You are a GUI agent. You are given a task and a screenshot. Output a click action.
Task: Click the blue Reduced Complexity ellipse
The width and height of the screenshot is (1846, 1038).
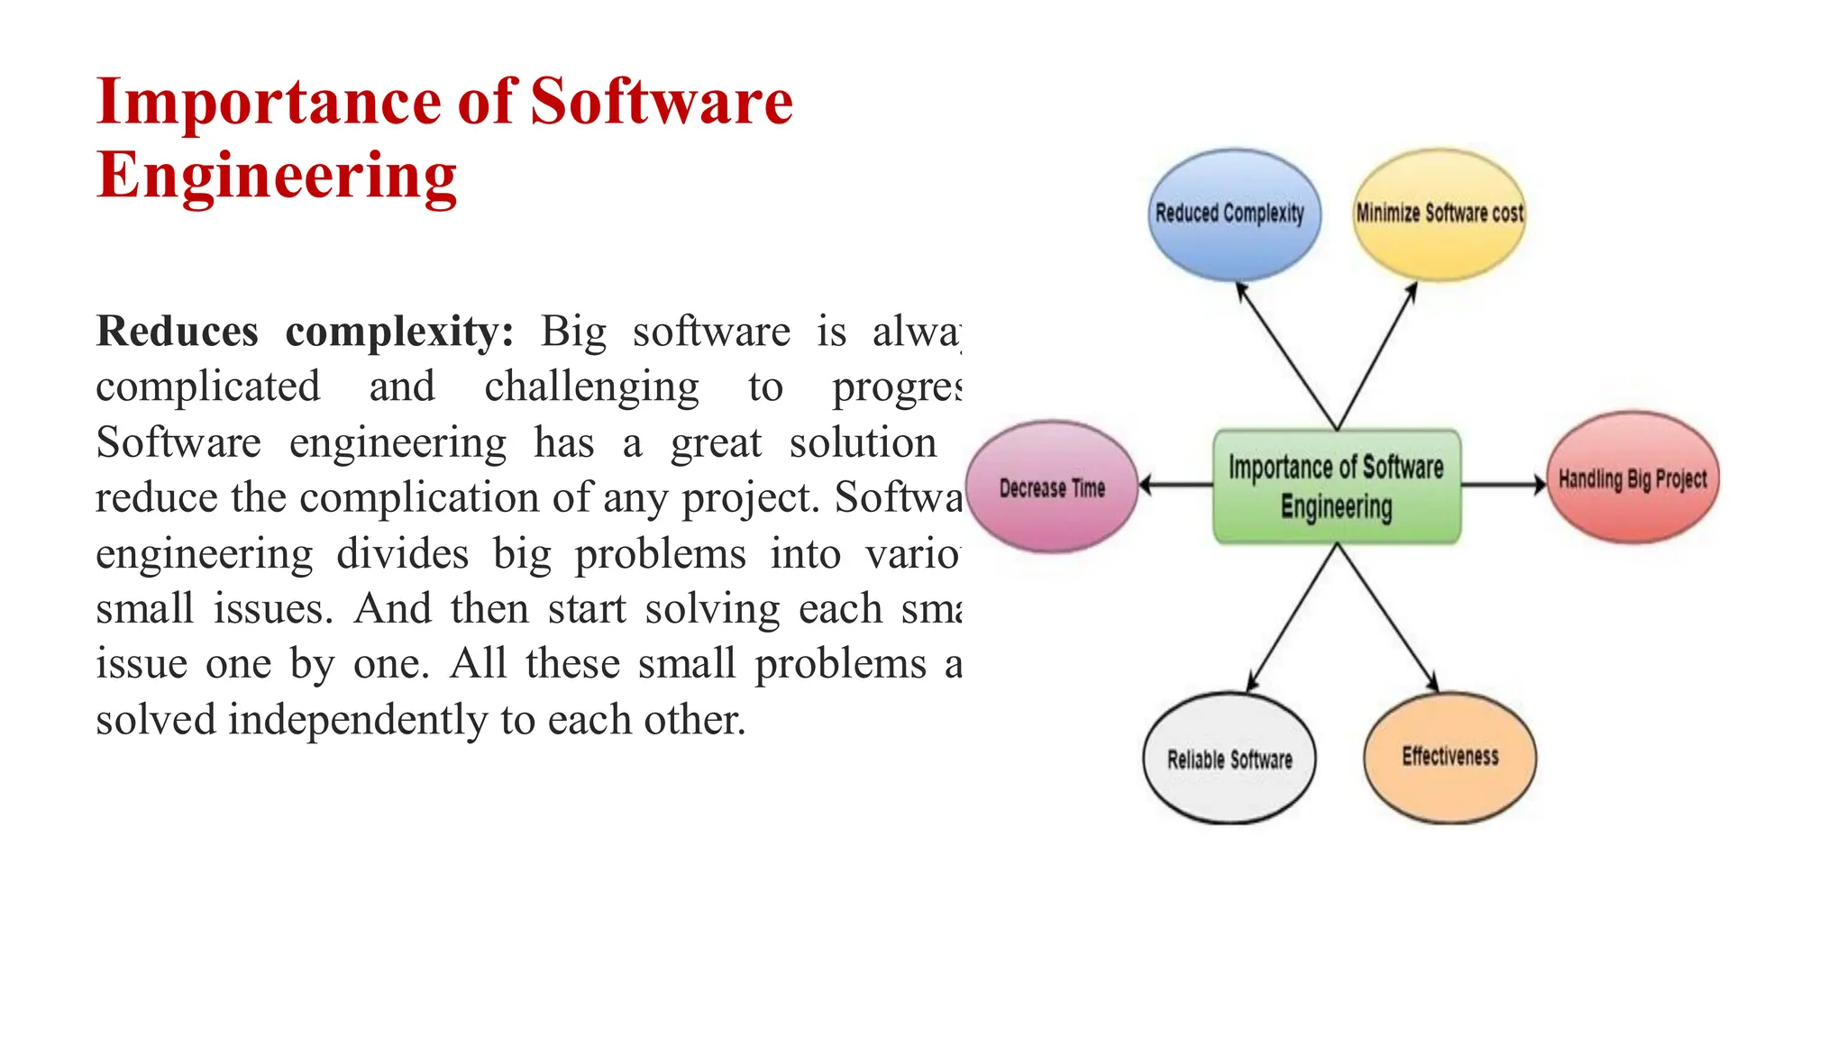point(1233,214)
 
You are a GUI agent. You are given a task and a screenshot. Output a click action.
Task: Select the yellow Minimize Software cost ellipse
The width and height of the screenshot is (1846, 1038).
point(1439,214)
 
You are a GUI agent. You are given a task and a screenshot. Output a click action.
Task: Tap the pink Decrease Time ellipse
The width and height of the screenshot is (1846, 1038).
point(1052,487)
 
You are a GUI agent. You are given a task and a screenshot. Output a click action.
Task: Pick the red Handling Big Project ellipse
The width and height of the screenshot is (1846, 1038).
point(1632,478)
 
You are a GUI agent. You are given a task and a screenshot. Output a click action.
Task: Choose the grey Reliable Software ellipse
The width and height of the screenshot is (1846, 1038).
point(1229,759)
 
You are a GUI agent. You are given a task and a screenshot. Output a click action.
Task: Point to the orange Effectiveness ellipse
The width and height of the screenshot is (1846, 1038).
point(1449,757)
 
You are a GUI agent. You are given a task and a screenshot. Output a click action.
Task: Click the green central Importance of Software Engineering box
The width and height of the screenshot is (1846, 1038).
point(1336,487)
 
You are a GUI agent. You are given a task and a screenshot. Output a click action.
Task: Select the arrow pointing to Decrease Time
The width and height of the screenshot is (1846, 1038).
point(1175,485)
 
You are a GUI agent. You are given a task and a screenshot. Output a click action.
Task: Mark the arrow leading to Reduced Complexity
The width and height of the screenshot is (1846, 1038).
point(1286,355)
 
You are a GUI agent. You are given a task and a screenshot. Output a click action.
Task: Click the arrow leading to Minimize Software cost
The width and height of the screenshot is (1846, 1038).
point(1376,355)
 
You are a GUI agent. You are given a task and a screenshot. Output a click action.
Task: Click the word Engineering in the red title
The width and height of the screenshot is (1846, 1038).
point(277,177)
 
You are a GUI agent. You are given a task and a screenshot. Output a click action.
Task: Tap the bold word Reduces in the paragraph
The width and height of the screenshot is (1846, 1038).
point(177,332)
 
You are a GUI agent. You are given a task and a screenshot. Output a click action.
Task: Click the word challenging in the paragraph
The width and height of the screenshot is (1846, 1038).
point(591,388)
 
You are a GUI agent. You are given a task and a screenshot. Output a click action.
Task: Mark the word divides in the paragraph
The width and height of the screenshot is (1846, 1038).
point(402,553)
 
